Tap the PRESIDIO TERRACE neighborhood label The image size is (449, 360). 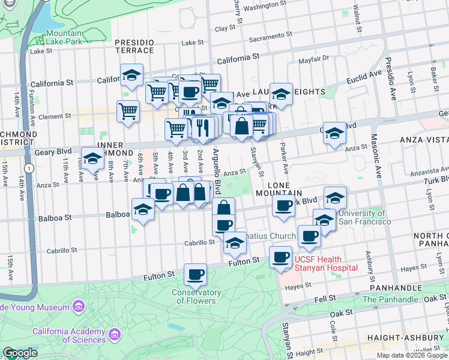pos(134,47)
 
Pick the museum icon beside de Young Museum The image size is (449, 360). pos(78,307)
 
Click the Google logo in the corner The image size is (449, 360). pos(20,353)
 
